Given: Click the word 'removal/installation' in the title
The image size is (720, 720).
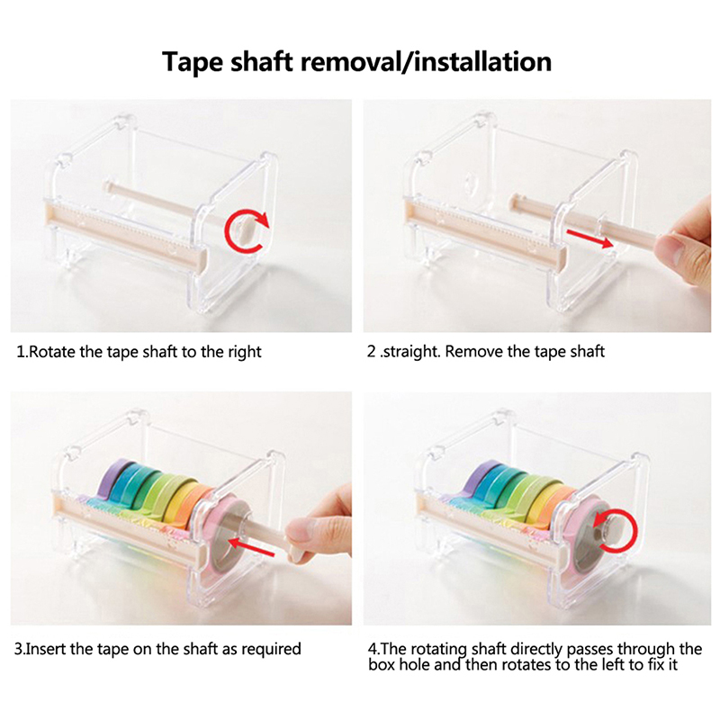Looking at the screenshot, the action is (426, 61).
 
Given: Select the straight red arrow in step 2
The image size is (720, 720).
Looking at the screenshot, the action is (589, 238).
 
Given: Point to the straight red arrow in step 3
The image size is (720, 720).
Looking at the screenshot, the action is (251, 547).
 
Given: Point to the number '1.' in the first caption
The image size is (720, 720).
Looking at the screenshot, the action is (22, 352).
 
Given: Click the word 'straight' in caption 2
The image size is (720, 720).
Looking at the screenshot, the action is (410, 352).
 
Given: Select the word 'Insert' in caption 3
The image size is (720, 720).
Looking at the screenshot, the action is (46, 649).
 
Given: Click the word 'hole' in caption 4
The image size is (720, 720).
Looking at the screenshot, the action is (414, 664).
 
